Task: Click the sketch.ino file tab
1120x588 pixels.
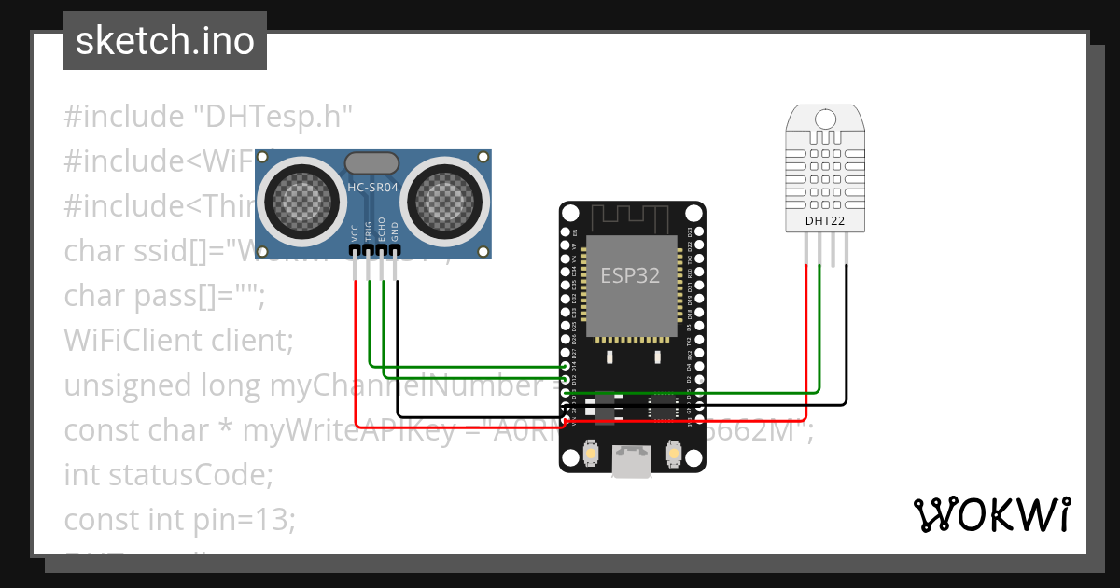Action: click(164, 41)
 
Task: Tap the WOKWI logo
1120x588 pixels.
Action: click(990, 515)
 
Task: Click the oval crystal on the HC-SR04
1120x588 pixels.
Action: click(373, 163)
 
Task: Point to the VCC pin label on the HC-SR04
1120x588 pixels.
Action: click(355, 234)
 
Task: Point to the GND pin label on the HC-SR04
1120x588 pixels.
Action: click(396, 234)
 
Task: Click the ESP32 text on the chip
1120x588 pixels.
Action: click(630, 277)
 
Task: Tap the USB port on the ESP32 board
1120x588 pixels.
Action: click(632, 461)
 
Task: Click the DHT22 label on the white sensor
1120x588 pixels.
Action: click(825, 221)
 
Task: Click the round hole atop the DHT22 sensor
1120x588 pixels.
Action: click(825, 119)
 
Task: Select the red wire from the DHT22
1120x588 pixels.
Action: click(805, 336)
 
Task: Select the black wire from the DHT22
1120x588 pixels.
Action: click(847, 336)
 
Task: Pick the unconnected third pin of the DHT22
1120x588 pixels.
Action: click(833, 247)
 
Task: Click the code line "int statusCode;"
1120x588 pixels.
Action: click(168, 475)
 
